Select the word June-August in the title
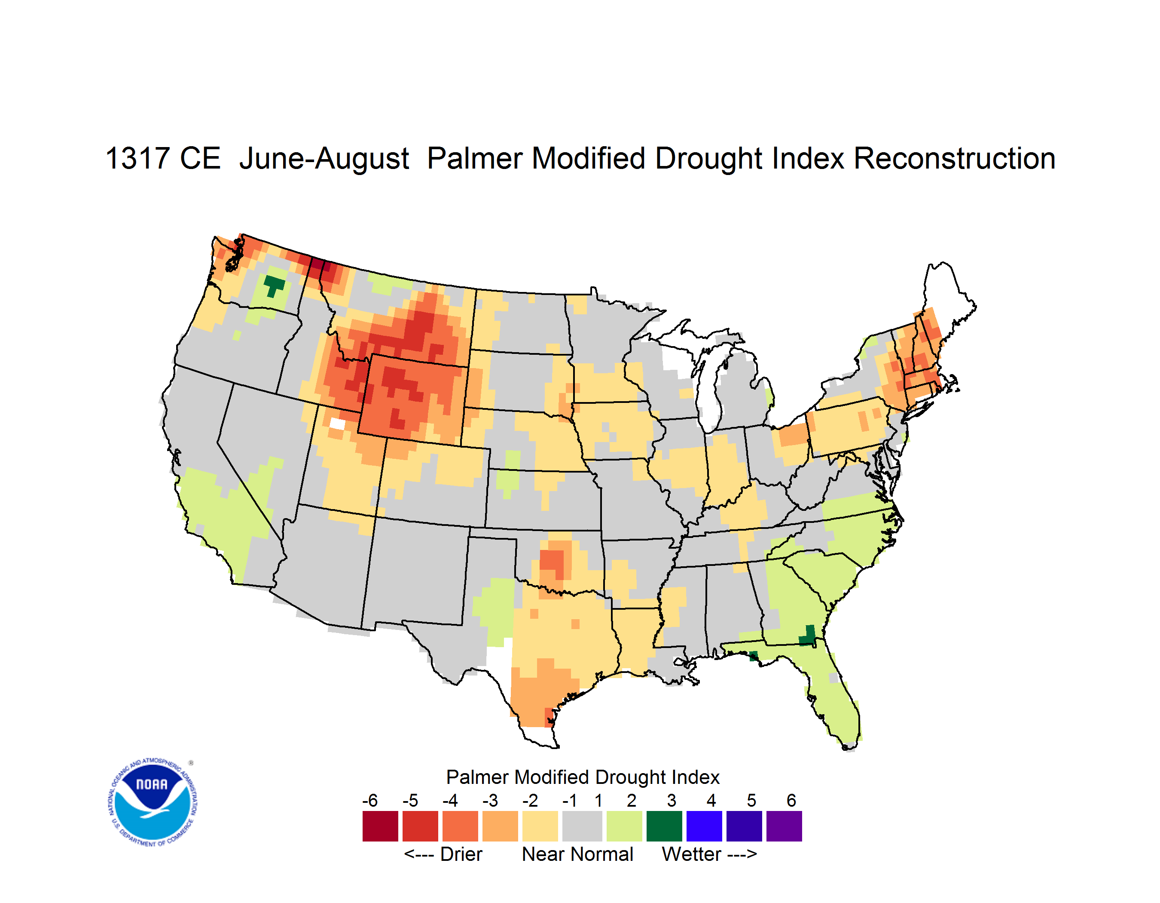324,160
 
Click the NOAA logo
153,802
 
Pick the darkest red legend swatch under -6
380,826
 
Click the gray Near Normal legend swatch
582,826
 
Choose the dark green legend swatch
664,826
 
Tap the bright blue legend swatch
704,826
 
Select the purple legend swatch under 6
784,826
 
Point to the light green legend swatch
624,826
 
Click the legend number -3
490,800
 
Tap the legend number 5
751,800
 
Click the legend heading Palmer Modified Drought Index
583,777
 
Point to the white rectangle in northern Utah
337,424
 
